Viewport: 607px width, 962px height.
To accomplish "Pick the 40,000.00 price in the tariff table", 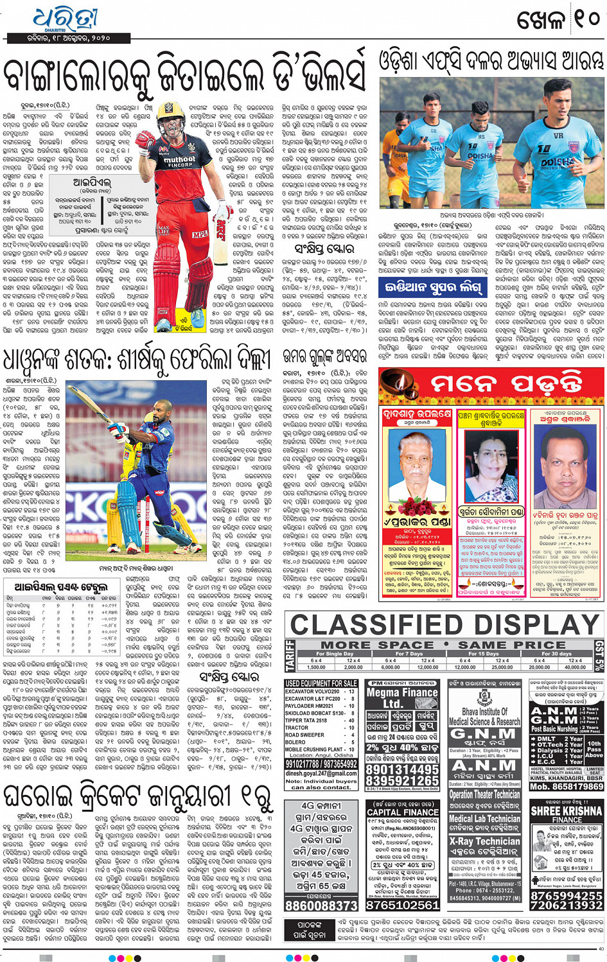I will (x=575, y=667).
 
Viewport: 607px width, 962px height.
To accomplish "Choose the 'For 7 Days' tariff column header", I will (x=409, y=654).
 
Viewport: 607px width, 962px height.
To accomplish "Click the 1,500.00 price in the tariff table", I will (x=316, y=667).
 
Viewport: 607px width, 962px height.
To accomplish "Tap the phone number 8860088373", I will (x=321, y=905).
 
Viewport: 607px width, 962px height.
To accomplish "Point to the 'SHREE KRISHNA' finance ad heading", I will (x=567, y=811).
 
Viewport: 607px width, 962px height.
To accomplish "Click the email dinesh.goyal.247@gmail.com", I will (x=321, y=773).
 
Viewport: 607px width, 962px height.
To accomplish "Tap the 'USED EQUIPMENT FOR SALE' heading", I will (x=321, y=683).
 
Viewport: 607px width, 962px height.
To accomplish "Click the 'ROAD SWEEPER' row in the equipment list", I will (x=305, y=735).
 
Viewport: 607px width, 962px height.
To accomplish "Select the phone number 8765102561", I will (x=402, y=905).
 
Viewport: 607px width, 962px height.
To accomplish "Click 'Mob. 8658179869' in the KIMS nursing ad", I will (x=567, y=786).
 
